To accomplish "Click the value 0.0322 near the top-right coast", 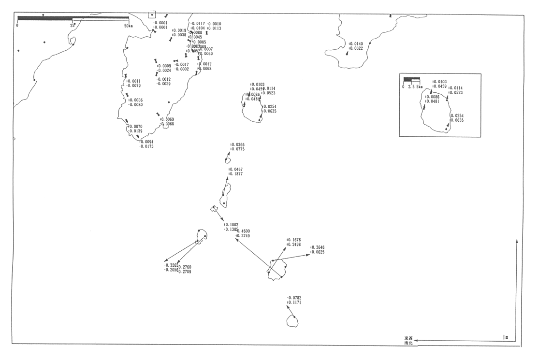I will [356, 49].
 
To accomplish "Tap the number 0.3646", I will [318, 247].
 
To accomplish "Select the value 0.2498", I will [294, 245].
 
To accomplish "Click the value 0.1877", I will [236, 174].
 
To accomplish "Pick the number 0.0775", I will [238, 149].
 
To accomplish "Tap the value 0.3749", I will [243, 236].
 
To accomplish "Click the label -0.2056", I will [171, 270].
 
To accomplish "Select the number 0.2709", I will [185, 272].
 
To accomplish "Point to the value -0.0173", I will [146, 146].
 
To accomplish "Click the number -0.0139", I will [135, 131].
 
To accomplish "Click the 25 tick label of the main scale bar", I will [73, 25].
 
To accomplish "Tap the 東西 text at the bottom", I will [409, 338].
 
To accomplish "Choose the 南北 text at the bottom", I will [409, 343].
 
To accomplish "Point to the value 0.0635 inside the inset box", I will [457, 120].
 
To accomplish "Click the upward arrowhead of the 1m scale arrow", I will [517, 240].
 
